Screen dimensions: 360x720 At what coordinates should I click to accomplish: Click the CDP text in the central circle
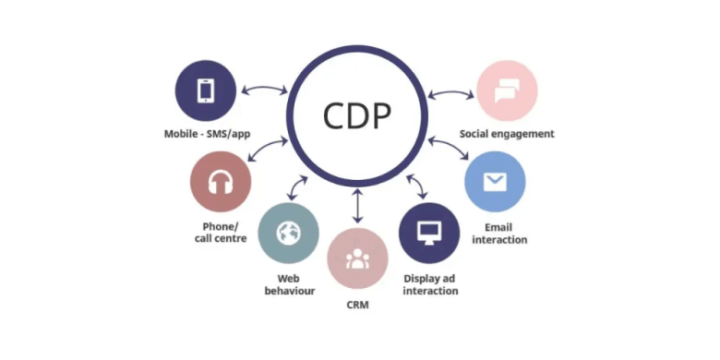point(357,115)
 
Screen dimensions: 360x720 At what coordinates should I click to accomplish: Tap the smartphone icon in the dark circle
point(206,90)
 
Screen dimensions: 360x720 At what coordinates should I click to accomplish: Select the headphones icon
point(221,183)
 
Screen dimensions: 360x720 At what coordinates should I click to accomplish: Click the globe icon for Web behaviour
point(289,234)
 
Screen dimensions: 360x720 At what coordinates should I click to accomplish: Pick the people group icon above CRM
point(358,258)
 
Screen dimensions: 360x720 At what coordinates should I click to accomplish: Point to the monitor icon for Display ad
point(429,233)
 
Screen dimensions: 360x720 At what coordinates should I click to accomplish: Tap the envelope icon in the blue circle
point(496,182)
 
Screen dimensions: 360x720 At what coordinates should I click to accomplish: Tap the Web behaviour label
point(288,283)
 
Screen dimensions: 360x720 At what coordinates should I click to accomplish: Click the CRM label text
point(356,305)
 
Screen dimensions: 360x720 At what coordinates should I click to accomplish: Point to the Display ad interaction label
point(430,283)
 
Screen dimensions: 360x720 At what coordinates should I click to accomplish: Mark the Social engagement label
point(507,134)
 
